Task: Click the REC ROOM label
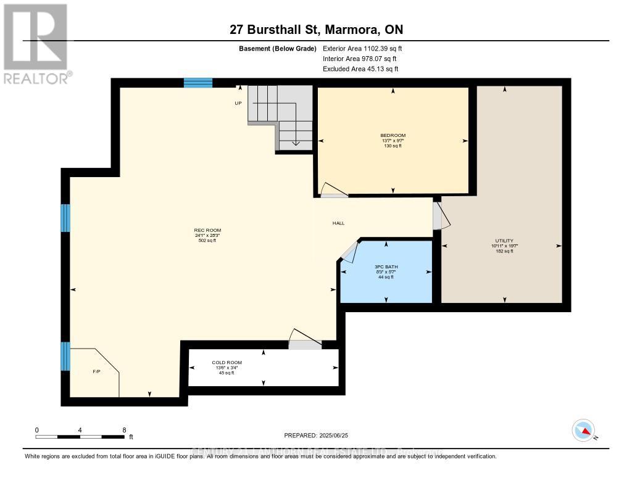(x=207, y=231)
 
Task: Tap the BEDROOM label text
(x=393, y=135)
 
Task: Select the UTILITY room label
(x=504, y=241)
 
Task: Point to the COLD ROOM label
(x=227, y=363)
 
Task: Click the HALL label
(x=338, y=223)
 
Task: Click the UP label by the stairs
(x=238, y=103)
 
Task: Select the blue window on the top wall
(x=198, y=83)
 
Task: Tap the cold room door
(x=305, y=340)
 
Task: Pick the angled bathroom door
(x=349, y=249)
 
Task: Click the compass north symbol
(x=584, y=430)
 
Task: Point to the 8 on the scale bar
(x=124, y=430)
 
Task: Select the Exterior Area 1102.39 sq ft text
(x=362, y=48)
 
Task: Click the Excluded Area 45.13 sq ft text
(x=360, y=69)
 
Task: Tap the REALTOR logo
(x=36, y=44)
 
